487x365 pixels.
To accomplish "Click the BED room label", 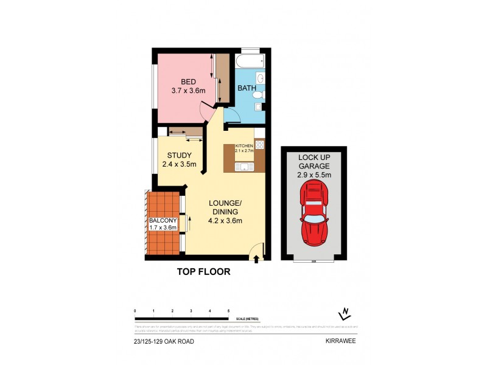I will click(189, 82).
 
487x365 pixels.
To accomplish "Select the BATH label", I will click(246, 88).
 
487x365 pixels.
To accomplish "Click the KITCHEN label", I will click(243, 146).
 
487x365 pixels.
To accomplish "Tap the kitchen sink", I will click(243, 166).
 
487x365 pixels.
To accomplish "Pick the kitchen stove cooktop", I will click(259, 145).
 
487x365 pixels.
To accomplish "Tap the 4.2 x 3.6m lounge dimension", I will click(225, 221).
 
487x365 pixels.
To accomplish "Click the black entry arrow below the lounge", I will click(256, 259).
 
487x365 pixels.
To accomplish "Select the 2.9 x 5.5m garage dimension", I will click(314, 175).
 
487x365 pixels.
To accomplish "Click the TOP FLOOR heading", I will click(203, 272).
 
